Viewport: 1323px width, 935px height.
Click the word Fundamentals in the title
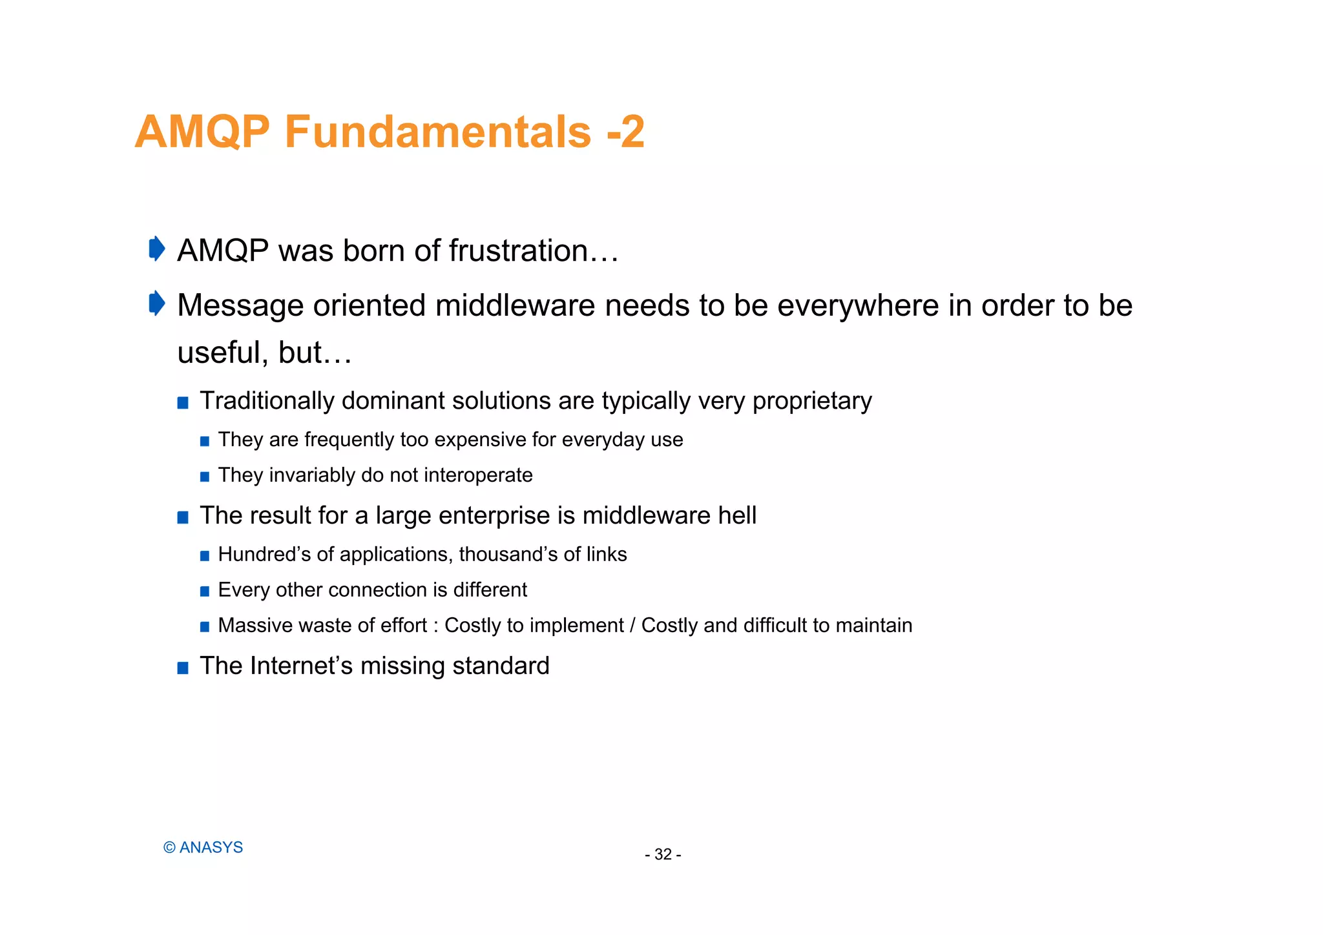pos(437,132)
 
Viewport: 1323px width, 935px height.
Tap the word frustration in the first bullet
pos(518,251)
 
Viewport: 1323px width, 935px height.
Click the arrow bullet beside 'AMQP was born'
pos(157,249)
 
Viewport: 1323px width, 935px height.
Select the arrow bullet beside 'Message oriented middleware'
pos(157,303)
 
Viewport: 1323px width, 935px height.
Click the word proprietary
pos(812,402)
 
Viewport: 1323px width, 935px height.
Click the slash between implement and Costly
pos(632,626)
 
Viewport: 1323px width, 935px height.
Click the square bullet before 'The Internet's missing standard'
pos(183,668)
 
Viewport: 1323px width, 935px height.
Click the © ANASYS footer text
pos(203,848)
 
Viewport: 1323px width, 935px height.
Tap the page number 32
pos(663,855)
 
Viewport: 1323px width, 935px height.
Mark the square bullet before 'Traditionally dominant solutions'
pos(183,403)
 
